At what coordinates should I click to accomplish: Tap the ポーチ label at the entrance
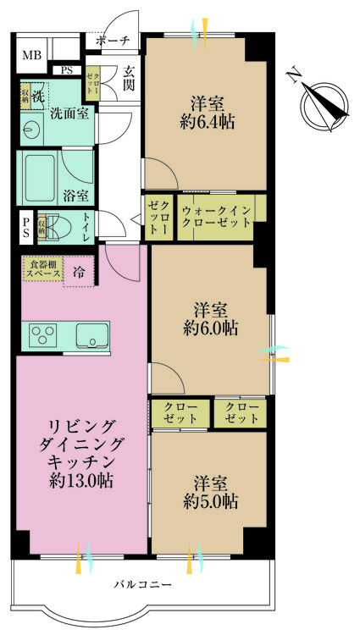point(113,41)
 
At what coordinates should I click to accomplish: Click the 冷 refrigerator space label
point(79,273)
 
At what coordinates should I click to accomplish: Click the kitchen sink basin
point(90,336)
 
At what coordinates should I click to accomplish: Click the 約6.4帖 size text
point(208,122)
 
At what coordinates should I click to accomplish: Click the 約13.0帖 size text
point(82,482)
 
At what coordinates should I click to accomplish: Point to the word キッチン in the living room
point(82,462)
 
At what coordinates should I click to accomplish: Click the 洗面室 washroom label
point(69,111)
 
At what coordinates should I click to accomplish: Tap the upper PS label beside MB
point(66,71)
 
